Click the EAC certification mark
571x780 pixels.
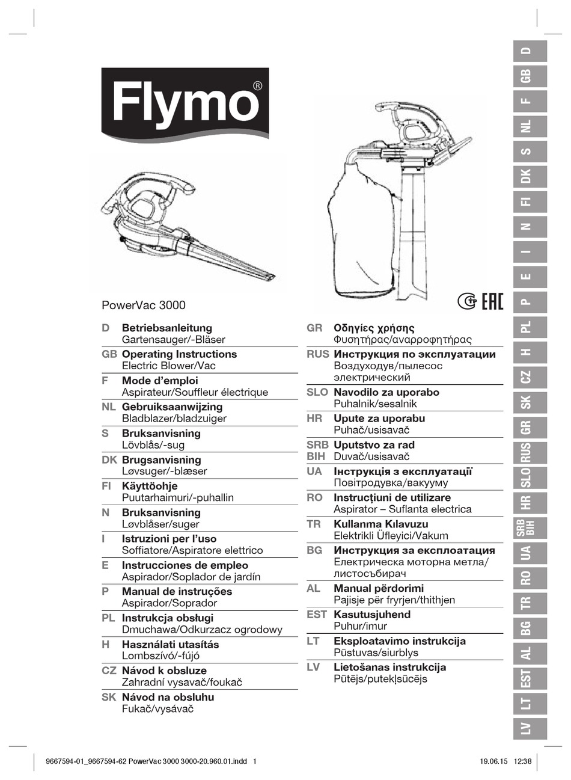[x=492, y=301]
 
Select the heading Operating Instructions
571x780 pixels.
[x=179, y=354]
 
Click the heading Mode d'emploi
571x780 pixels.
[x=159, y=381]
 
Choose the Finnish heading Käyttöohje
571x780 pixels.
[x=150, y=486]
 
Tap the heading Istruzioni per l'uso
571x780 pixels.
[x=169, y=539]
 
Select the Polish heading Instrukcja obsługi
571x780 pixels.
[x=167, y=618]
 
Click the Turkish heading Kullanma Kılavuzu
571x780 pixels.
[x=380, y=524]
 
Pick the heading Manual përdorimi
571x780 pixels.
[x=378, y=588]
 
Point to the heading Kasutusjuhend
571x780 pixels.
[x=372, y=615]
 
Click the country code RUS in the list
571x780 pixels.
[x=317, y=354]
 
